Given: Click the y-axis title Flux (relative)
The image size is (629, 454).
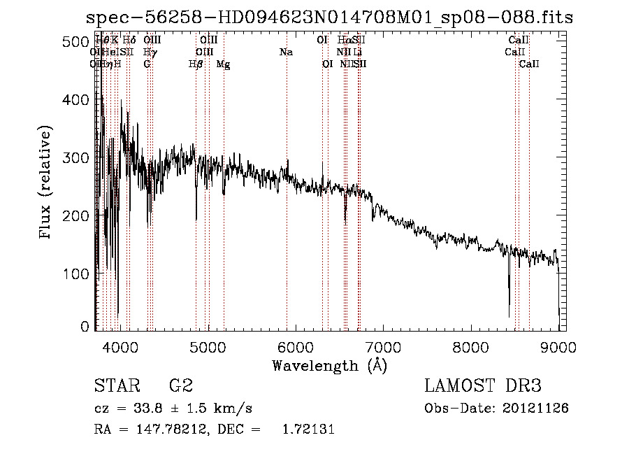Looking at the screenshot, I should click(47, 183).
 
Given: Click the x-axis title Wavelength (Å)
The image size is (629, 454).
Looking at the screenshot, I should click(329, 365).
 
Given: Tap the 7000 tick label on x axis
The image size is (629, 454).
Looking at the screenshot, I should click(383, 346).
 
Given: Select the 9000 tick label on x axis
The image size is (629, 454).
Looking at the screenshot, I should click(558, 346).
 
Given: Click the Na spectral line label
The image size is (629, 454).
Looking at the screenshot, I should click(285, 52).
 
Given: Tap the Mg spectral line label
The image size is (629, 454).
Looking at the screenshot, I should click(223, 64).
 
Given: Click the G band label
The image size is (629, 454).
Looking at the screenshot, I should click(147, 64).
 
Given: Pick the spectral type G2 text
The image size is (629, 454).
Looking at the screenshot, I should click(180, 385).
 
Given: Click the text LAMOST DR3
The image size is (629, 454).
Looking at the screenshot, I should click(482, 385).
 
